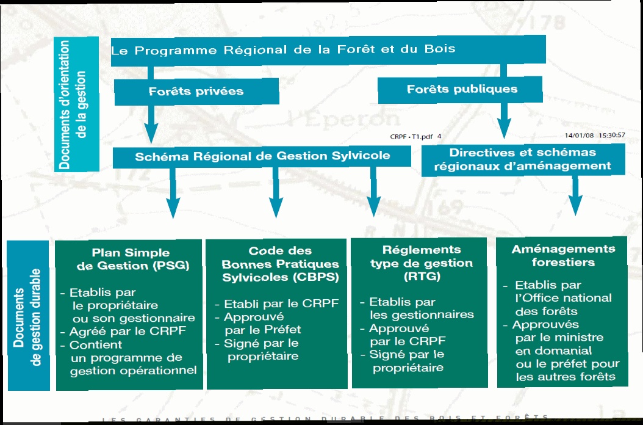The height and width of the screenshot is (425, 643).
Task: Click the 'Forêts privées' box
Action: coord(196,92)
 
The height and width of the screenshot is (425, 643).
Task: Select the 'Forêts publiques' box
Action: coord(462,89)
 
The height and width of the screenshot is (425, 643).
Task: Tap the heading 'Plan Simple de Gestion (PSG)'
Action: coord(131,259)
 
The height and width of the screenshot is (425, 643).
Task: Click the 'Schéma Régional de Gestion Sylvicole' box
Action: coord(262,156)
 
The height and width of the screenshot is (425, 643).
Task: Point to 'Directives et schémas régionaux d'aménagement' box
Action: coord(522,159)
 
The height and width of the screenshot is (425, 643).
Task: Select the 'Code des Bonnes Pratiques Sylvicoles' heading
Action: coord(280,264)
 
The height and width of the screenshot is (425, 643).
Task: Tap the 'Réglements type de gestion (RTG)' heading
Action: coord(422,263)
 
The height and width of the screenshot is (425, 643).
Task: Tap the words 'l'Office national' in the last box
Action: coord(563,298)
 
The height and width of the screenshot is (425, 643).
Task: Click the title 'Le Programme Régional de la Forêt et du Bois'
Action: coord(283,49)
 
